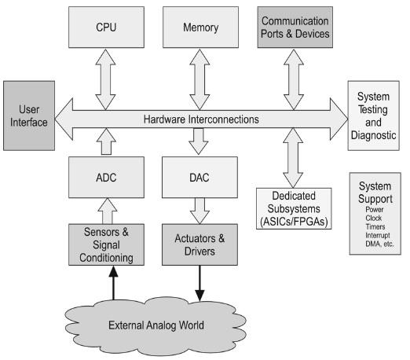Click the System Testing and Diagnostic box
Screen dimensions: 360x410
pos(377,117)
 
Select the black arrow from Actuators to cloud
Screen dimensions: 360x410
pos(199,283)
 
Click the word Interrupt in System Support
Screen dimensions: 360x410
pos(375,234)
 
